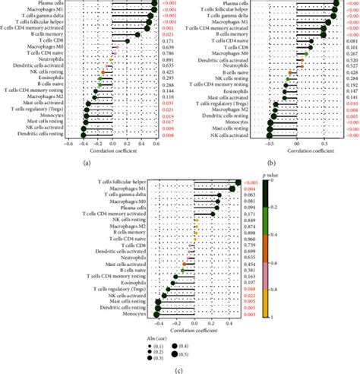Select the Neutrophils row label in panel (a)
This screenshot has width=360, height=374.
55,59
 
